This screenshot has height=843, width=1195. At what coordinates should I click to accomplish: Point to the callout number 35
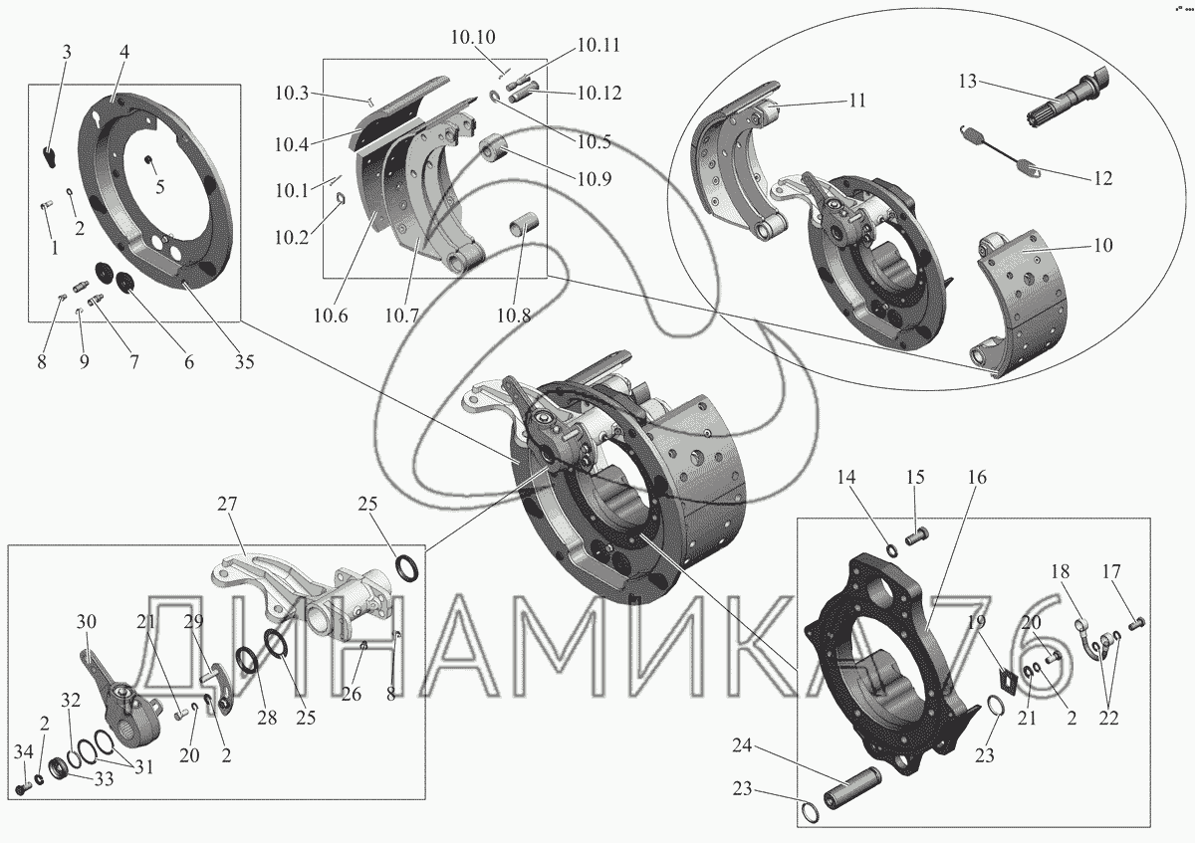[244, 362]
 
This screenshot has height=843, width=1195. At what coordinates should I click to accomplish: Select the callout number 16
[976, 478]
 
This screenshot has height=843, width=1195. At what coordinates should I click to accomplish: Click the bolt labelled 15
[917, 538]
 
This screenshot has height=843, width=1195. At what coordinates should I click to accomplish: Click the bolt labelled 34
[21, 790]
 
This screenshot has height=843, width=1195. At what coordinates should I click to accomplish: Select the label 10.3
[292, 94]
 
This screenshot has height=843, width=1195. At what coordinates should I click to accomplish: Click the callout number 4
[125, 52]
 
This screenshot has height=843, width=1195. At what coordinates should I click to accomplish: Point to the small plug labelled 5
[147, 161]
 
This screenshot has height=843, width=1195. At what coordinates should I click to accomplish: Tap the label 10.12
[598, 94]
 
